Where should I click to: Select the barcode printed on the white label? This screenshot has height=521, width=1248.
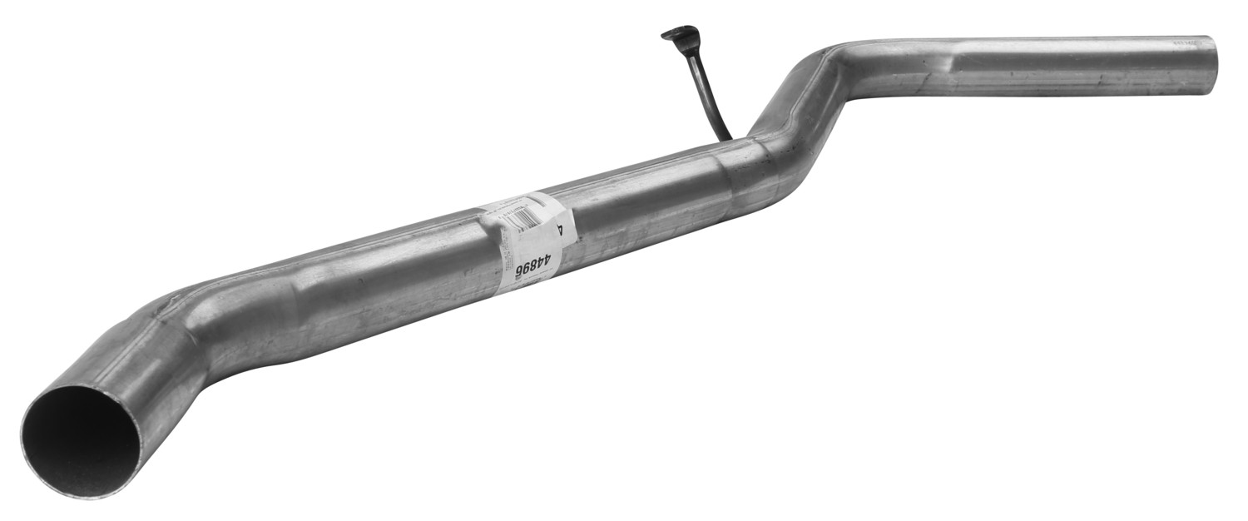point(518,218)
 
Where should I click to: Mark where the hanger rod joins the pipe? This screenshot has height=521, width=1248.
point(726,137)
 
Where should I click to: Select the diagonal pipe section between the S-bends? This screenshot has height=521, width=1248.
point(803,108)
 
